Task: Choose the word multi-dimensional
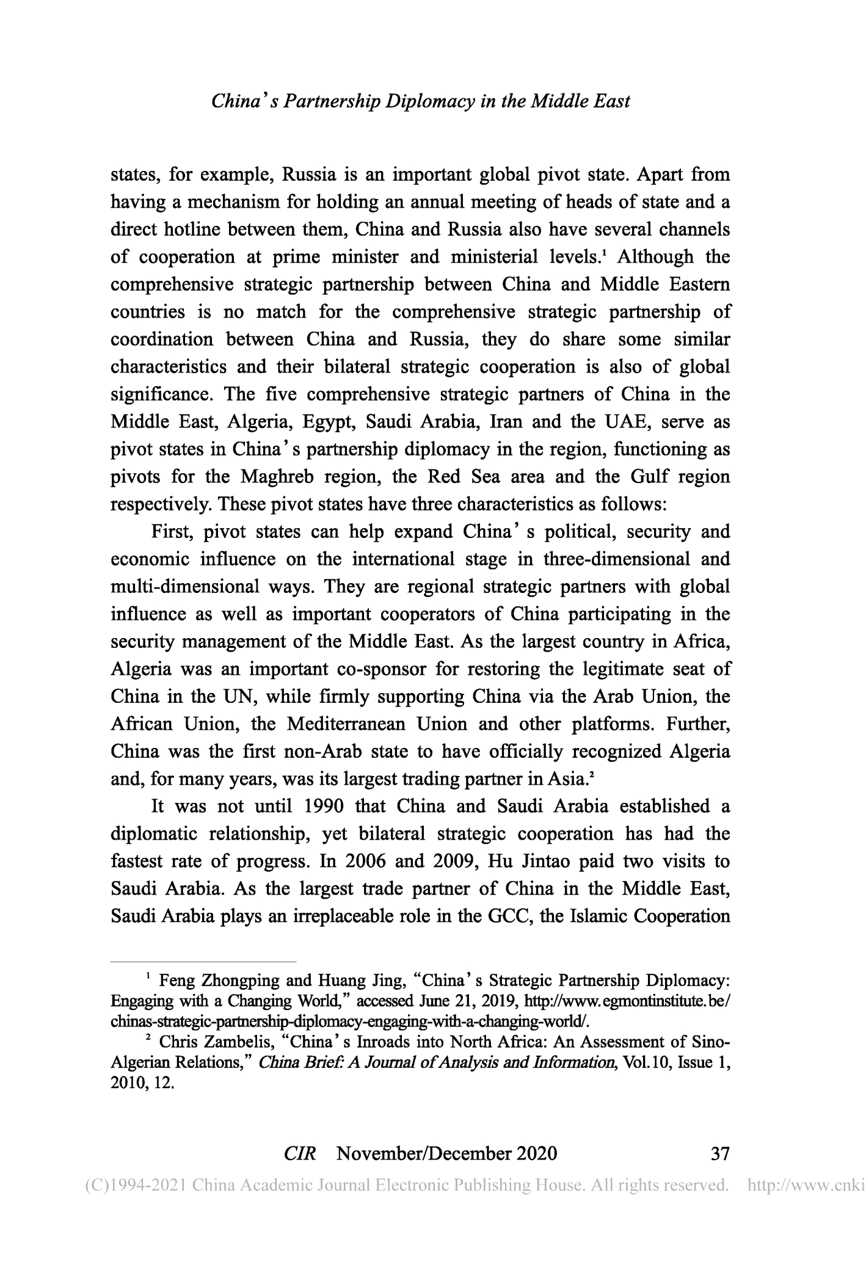pyautogui.click(x=185, y=587)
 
